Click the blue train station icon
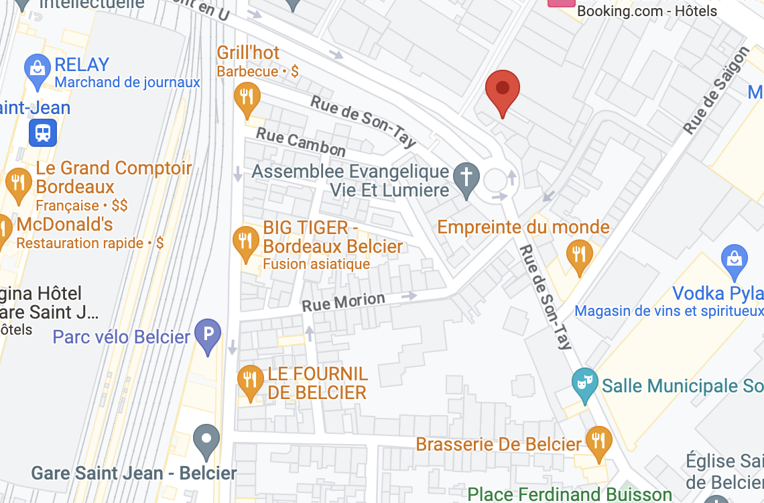pyautogui.click(x=43, y=132)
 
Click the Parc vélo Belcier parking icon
pyautogui.click(x=208, y=333)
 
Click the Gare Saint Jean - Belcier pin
pyautogui.click(x=206, y=440)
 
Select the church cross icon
pyautogui.click(x=466, y=177)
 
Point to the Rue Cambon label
pyautogui.click(x=301, y=142)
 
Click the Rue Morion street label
pyautogui.click(x=343, y=302)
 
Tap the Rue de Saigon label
pyautogui.click(x=716, y=91)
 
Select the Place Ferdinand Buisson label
pyautogui.click(x=569, y=495)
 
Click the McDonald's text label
pyautogui.click(x=65, y=224)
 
